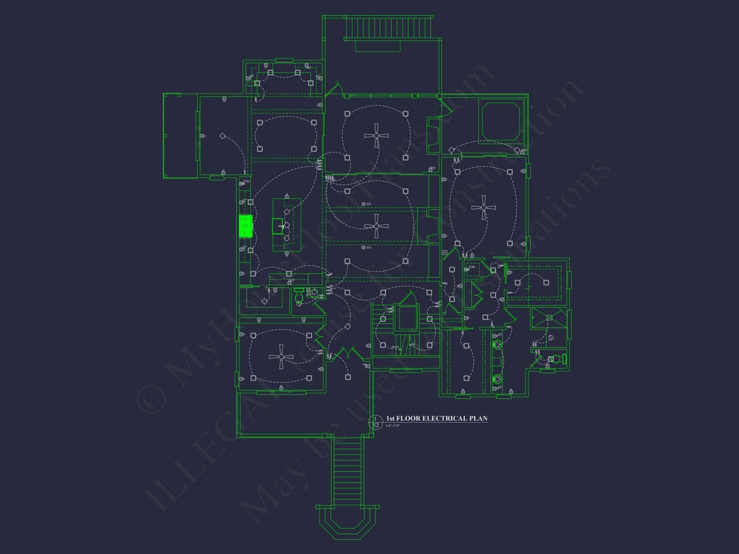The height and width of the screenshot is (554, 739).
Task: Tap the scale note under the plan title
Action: click(392, 426)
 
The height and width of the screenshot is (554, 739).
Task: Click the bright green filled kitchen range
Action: click(245, 226)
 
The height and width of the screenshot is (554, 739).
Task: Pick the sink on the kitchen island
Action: click(277, 226)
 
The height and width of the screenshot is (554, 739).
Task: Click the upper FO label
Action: click(368, 204)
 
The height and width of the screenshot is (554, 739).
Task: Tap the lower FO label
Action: click(368, 247)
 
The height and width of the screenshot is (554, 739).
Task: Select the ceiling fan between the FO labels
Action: click(376, 226)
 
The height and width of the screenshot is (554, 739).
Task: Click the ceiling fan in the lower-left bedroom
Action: click(281, 357)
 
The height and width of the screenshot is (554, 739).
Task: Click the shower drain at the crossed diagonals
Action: click(549, 318)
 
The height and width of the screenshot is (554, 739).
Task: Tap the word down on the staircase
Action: click(395, 347)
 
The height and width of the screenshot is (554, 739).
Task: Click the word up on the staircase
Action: click(413, 344)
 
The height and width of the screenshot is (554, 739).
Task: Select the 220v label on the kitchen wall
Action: click(246, 181)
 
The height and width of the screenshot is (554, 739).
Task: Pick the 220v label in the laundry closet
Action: click(472, 267)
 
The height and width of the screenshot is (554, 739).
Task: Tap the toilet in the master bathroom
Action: click(557, 359)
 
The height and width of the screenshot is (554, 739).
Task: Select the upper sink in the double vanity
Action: click(497, 345)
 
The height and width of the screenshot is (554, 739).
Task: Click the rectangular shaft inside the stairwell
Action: click(407, 318)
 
